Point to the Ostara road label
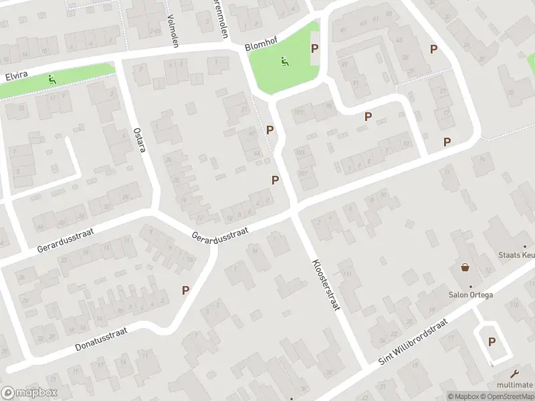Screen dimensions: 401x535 (138, 140)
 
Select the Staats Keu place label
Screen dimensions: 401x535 (517, 255)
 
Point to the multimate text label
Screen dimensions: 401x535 (514, 385)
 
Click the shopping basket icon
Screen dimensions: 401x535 (465, 267)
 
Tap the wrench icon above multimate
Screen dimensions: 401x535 (514, 374)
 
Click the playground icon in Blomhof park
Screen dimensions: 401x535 (286, 61)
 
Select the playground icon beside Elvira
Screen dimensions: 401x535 (51, 80)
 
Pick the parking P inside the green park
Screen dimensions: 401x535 (314, 48)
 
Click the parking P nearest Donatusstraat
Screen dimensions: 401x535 (186, 291)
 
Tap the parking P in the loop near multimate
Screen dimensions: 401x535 (492, 342)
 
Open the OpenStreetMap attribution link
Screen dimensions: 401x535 (508, 396)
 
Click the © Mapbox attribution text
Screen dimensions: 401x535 (463, 396)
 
